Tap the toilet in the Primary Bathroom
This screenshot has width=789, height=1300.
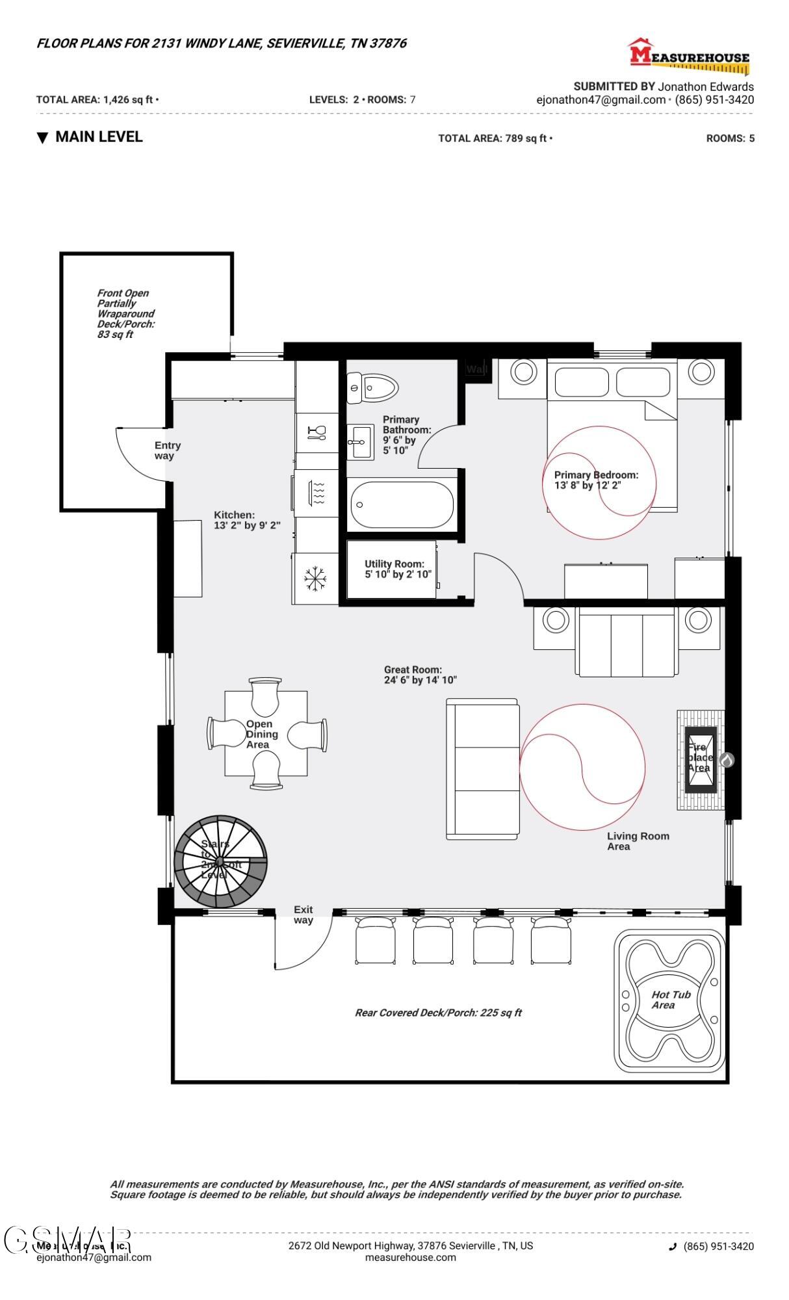click(372, 388)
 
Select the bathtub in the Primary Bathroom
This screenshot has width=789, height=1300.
click(402, 504)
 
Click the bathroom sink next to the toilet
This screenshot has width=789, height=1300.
click(359, 442)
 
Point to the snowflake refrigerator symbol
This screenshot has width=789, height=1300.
click(315, 578)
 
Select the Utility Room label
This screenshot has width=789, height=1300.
click(395, 569)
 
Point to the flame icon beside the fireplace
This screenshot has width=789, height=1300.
click(727, 759)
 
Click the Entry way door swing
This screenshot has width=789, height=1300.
click(144, 453)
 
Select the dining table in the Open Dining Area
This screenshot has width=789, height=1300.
click(266, 733)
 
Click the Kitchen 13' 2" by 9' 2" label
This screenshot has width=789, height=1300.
click(247, 520)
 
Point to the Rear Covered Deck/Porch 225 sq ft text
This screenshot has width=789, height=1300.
click(438, 1012)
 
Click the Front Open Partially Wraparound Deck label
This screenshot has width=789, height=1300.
click(125, 313)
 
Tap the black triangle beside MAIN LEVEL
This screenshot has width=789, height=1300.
click(42, 138)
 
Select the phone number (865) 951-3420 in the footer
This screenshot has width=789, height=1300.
click(718, 1246)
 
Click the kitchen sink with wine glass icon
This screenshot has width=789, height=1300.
click(317, 433)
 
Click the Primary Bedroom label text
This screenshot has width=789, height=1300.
click(595, 480)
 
